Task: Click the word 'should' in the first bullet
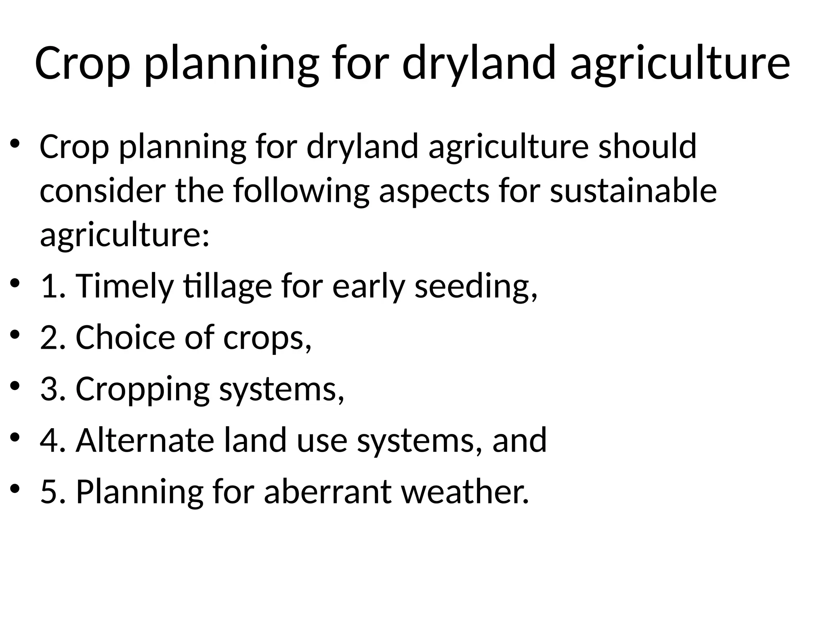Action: pos(647,146)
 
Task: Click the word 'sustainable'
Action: pos(633,191)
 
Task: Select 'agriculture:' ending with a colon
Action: pos(125,235)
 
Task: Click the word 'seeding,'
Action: pos(476,286)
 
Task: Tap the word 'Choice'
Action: pos(125,337)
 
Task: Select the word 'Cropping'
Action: pos(143,388)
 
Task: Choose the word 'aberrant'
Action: pos(327,491)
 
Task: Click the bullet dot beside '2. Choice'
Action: pos(15,335)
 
